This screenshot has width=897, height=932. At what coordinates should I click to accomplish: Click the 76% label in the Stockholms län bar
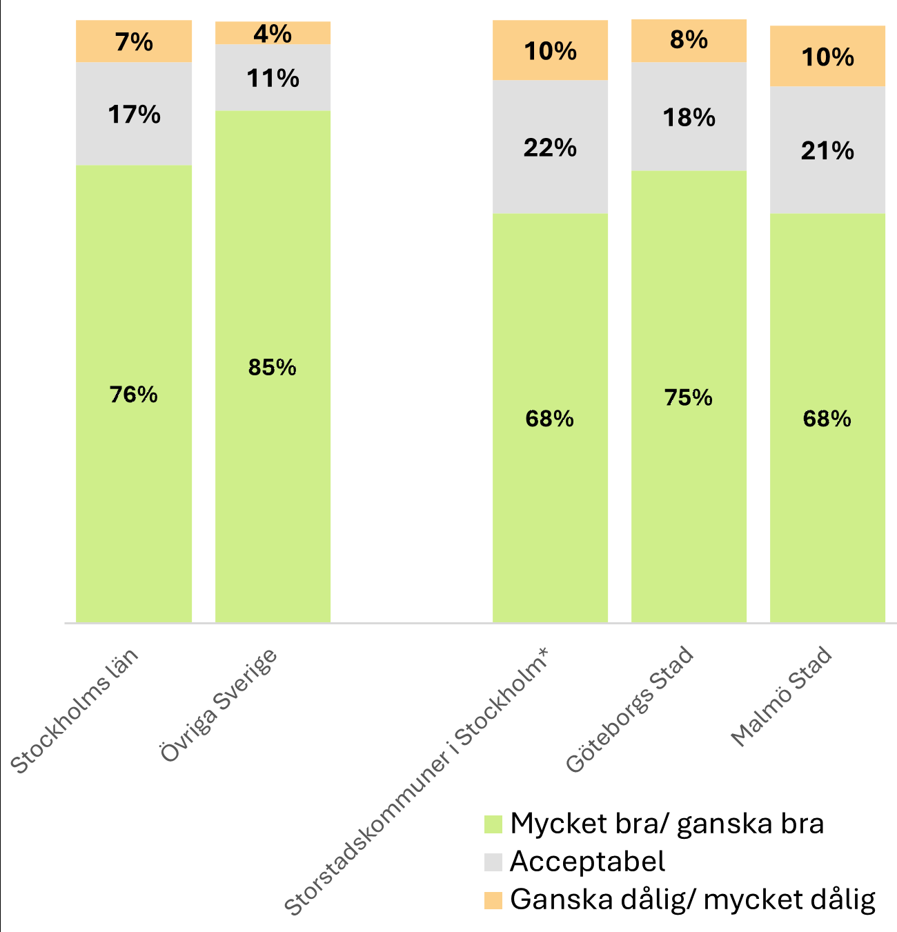[134, 395]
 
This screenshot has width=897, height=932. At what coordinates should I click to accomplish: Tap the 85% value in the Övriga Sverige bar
[273, 368]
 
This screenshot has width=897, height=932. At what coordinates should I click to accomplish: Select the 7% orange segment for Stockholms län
[134, 42]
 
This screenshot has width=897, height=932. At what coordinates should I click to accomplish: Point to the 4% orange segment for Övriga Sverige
[273, 33]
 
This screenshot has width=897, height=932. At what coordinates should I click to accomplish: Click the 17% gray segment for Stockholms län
[134, 115]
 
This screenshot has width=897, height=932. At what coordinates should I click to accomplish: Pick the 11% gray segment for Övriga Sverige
[273, 79]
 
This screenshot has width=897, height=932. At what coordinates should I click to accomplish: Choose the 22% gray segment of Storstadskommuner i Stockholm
[550, 148]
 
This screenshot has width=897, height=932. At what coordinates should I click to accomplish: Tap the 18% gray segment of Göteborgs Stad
[689, 118]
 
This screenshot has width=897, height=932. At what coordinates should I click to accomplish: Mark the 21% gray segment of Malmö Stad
[827, 151]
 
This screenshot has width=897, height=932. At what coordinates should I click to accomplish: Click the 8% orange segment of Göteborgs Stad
[689, 41]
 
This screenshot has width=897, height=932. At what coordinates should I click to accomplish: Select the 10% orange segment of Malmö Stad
[827, 57]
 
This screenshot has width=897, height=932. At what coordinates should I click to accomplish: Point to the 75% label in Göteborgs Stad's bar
[689, 398]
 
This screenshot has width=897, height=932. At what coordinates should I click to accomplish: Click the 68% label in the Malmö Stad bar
[827, 419]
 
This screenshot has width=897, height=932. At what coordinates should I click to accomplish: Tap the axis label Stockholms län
[75, 711]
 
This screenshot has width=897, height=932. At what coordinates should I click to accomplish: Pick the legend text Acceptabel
[587, 862]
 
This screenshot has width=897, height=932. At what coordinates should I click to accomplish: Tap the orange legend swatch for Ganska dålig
[493, 900]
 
